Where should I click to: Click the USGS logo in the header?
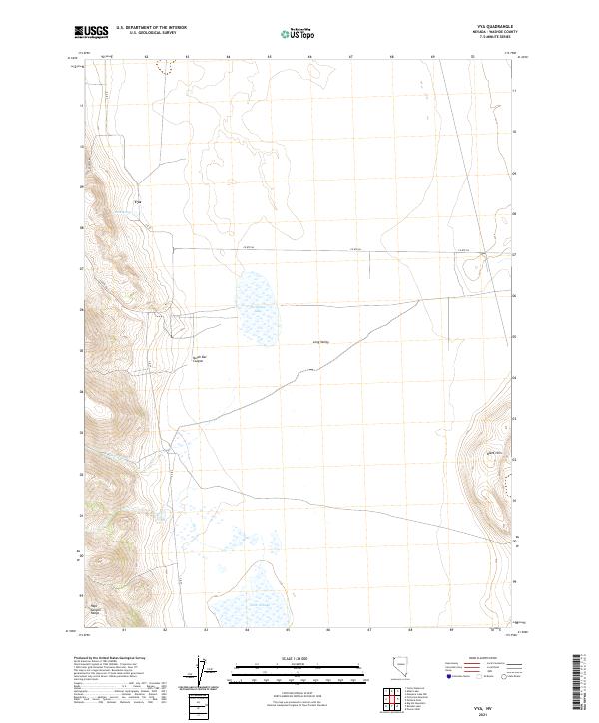point(91,33)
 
